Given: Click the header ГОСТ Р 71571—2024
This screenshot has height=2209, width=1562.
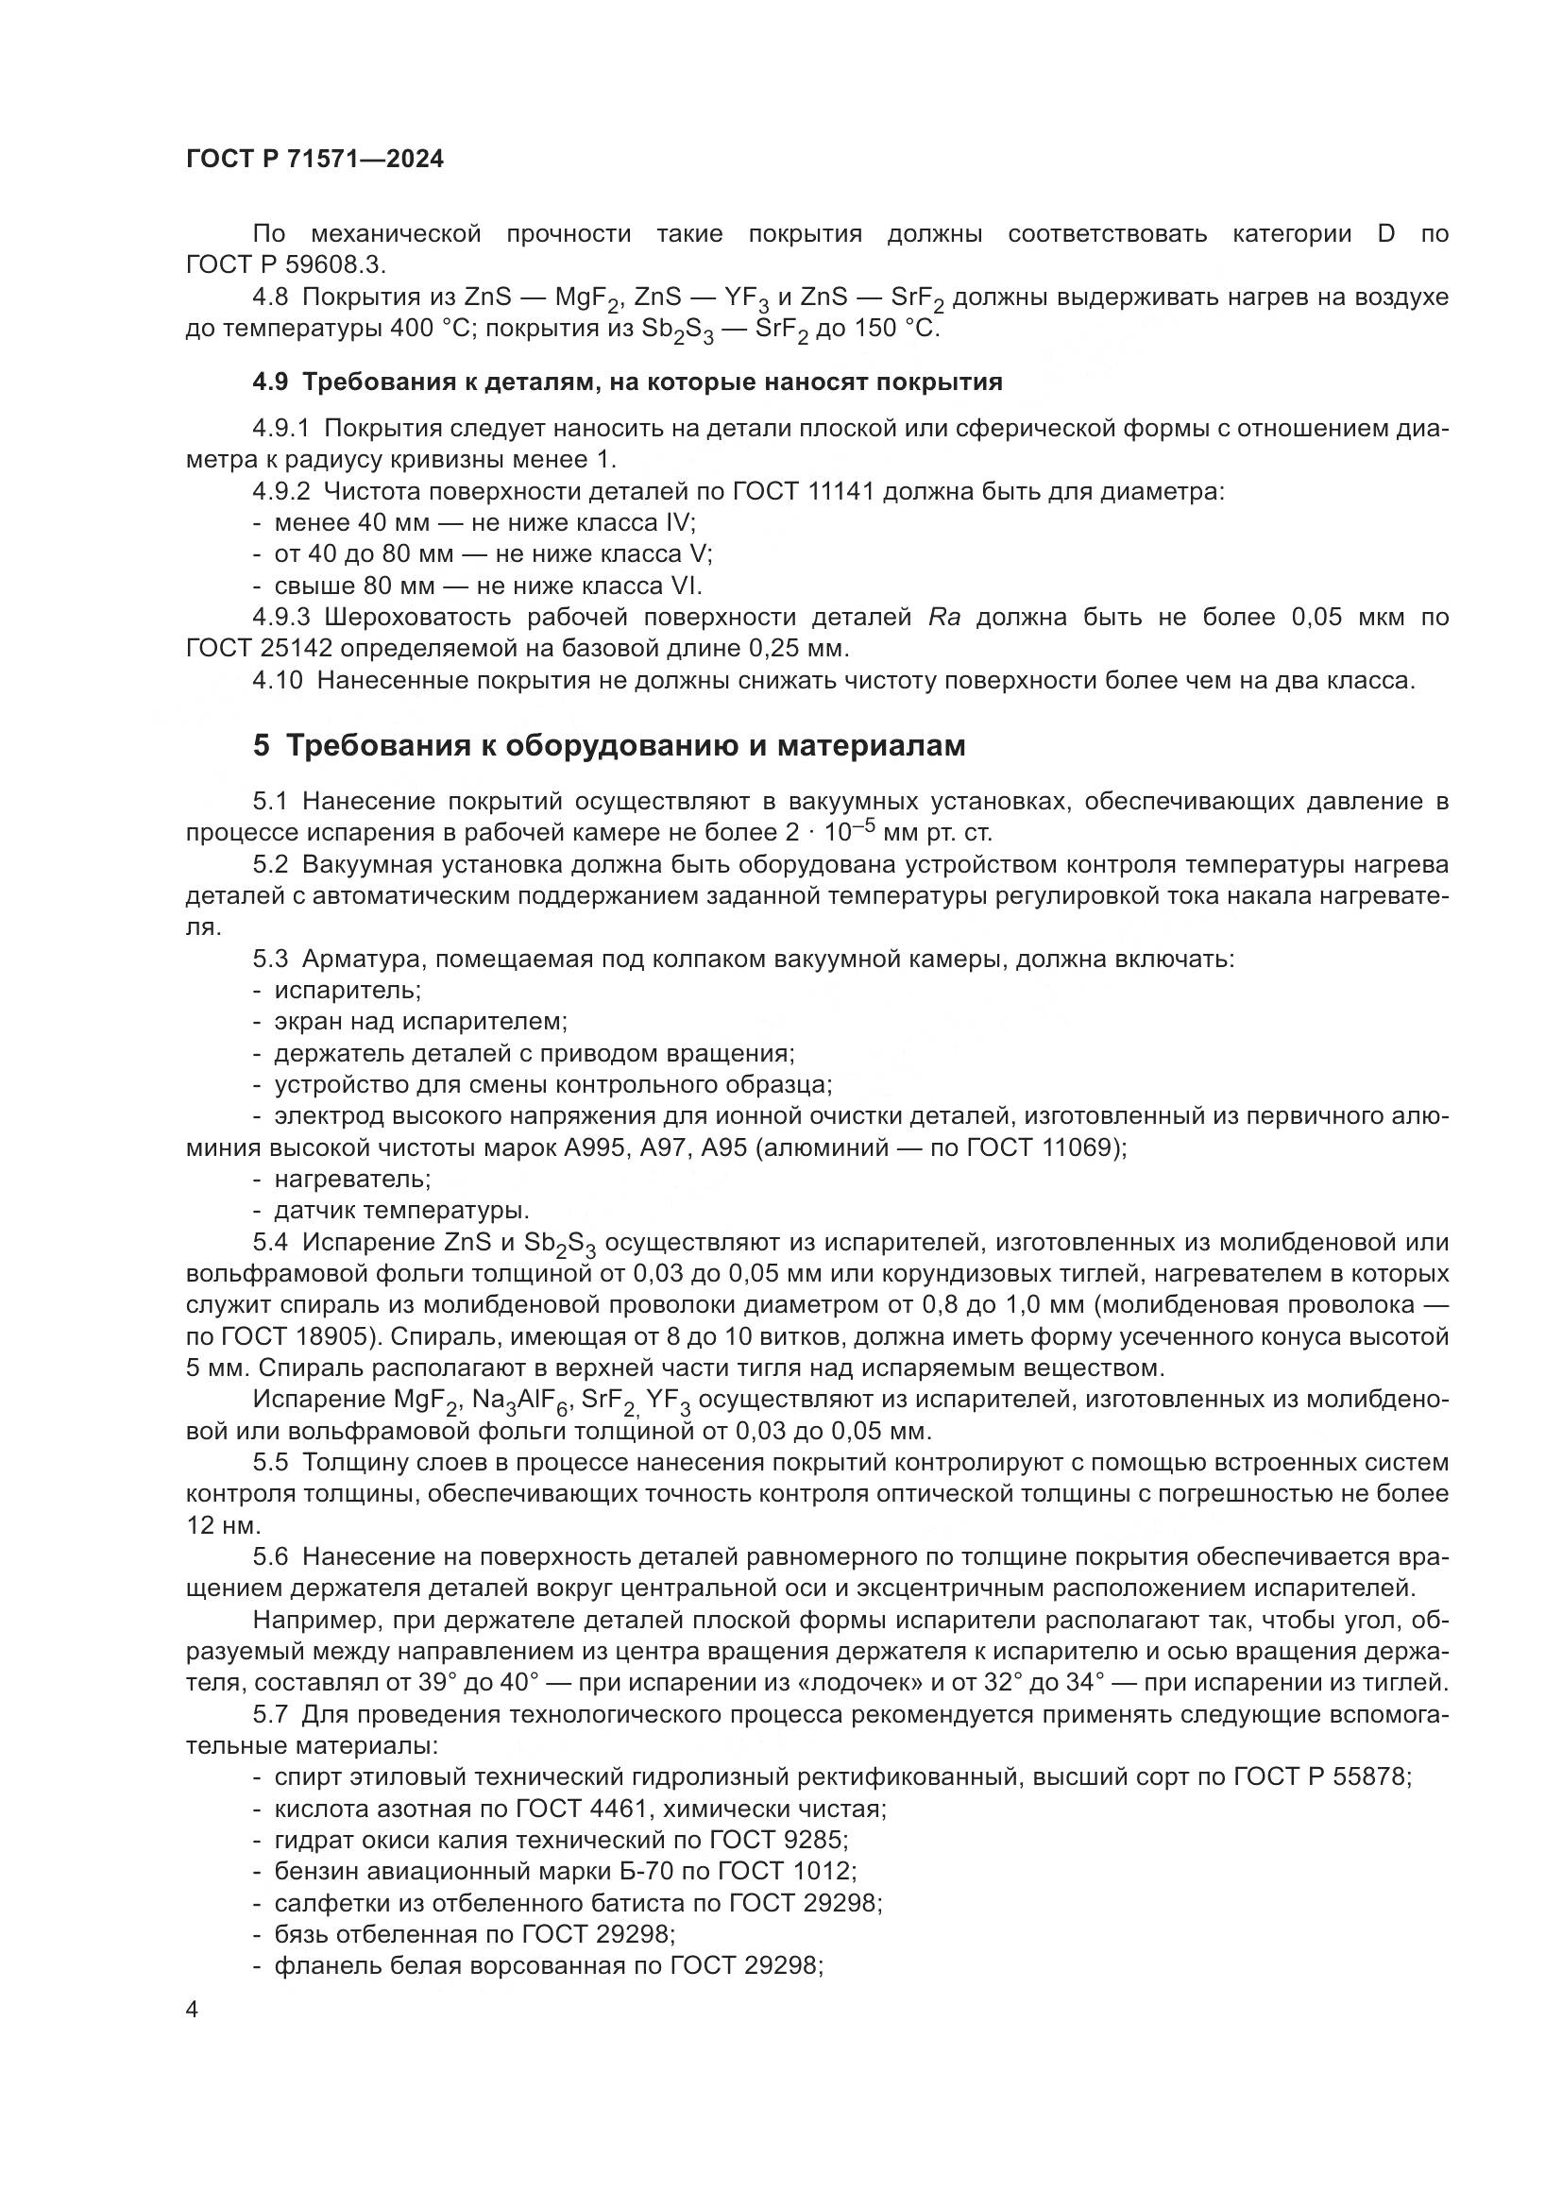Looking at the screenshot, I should click(x=314, y=160).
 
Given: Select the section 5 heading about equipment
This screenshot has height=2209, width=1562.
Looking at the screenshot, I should click(x=609, y=746).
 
